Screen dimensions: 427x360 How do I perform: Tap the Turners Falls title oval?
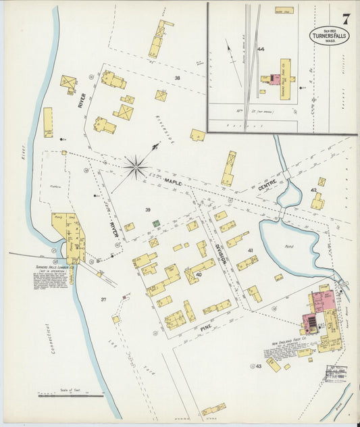(329, 35)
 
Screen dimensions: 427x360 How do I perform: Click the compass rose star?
(136, 166)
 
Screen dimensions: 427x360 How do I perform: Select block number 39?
(147, 210)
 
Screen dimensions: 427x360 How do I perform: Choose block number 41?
(250, 251)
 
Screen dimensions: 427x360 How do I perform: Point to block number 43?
(258, 366)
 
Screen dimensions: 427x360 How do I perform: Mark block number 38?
(178, 78)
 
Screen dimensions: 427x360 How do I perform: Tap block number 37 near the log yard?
(104, 299)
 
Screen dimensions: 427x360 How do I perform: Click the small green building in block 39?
(156, 223)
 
